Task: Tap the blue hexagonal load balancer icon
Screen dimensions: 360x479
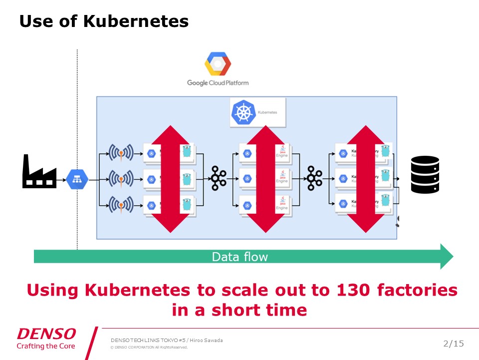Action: tap(77, 178)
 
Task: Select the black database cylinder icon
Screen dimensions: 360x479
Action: tap(425, 174)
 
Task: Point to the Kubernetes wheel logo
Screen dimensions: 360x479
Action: tap(243, 112)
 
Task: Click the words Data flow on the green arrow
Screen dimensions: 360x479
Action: tap(240, 257)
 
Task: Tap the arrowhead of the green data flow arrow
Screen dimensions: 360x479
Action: tap(445, 257)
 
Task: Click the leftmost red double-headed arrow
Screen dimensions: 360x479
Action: tap(171, 179)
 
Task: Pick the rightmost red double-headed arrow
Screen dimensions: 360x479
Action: tap(367, 179)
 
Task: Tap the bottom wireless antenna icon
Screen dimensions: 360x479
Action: tap(120, 204)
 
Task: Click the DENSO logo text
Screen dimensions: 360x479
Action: tap(46, 334)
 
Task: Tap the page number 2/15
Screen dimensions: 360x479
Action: tap(453, 343)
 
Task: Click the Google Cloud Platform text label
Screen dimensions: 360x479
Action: tap(218, 82)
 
